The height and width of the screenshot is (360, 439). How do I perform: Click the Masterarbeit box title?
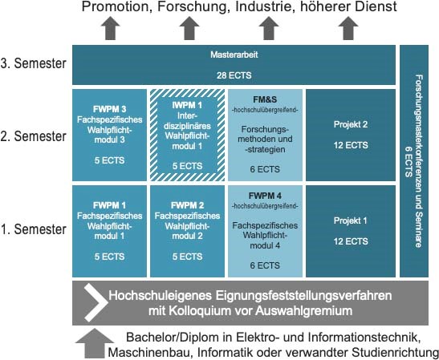click(x=234, y=55)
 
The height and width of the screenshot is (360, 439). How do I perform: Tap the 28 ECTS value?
click(x=234, y=75)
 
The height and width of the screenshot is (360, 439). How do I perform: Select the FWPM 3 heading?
click(x=109, y=109)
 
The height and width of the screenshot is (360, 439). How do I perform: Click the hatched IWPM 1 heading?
click(x=187, y=106)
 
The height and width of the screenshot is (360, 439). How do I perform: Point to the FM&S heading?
click(x=265, y=99)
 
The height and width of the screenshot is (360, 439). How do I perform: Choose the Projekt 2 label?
click(x=351, y=124)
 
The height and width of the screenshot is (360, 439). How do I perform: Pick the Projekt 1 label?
click(x=350, y=220)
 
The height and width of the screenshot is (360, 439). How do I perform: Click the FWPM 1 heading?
click(x=109, y=205)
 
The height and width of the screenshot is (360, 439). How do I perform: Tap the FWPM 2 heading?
click(x=187, y=205)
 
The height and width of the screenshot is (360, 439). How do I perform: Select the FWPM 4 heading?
click(x=265, y=196)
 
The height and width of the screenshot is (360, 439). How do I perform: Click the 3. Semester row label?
click(x=34, y=63)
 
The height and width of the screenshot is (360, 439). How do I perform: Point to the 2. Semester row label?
click(x=34, y=136)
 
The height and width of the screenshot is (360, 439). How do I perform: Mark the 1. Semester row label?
click(x=34, y=229)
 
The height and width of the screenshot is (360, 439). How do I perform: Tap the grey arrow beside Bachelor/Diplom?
click(x=95, y=343)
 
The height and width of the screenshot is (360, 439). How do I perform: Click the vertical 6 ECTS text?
click(x=409, y=161)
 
